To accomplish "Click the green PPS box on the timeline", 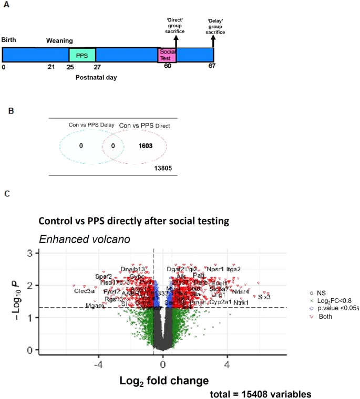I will point(83,55).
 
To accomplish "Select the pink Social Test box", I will point(167,55).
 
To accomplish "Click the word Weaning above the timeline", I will point(59,40).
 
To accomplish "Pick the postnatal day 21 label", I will point(51,67).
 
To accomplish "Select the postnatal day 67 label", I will point(213,67).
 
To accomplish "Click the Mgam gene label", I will point(94,306).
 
